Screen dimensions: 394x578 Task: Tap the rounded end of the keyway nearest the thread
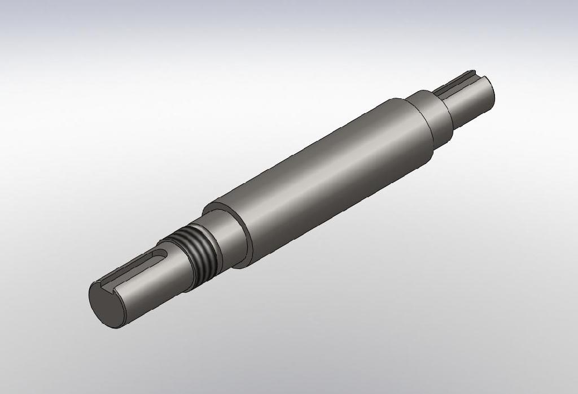(x=164, y=253)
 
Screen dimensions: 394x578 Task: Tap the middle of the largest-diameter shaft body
(x=327, y=175)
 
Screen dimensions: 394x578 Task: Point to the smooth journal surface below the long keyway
(x=152, y=288)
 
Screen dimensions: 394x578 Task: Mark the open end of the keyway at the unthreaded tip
(x=472, y=73)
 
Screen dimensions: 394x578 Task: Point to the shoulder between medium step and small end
(x=449, y=113)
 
